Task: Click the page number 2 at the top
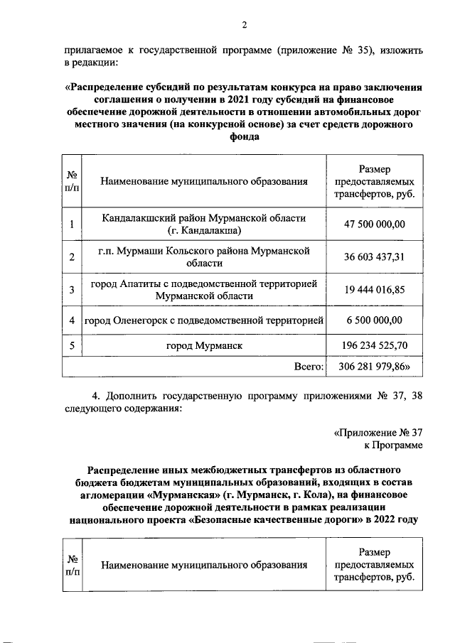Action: pyautogui.click(x=244, y=26)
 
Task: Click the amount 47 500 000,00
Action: pyautogui.click(x=375, y=225)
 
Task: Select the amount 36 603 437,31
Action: pyautogui.click(x=375, y=256)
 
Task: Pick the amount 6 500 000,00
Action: pyautogui.click(x=375, y=320)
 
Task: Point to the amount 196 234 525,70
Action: pyautogui.click(x=375, y=346)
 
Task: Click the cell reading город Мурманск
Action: pyautogui.click(x=205, y=346)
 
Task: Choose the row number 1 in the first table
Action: pyautogui.click(x=73, y=225)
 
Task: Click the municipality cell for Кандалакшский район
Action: pyautogui.click(x=203, y=225)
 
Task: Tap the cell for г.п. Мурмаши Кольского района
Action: pyautogui.click(x=204, y=256)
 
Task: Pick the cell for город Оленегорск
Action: pyautogui.click(x=204, y=320)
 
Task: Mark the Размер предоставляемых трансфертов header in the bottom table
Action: pyautogui.click(x=375, y=566)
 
